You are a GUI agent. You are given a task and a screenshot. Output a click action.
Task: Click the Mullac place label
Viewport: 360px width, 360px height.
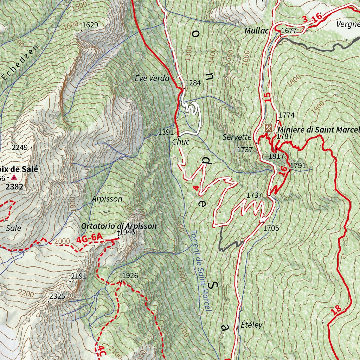tap(256, 31)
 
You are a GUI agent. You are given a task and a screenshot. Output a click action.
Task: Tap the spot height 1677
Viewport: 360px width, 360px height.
tap(289, 31)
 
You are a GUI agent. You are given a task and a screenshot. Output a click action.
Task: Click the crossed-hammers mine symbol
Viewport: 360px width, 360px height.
tap(269, 128)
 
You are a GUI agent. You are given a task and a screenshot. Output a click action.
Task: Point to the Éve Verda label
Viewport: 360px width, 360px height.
tap(152, 78)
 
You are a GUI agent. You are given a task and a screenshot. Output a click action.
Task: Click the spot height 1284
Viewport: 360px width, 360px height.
tap(193, 83)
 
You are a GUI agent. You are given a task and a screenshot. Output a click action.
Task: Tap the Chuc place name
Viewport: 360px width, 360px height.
tap(181, 142)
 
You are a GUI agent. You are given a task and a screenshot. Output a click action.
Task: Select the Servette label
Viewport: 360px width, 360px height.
tap(237, 137)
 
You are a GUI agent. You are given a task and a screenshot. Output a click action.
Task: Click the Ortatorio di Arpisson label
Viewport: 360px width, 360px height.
tap(118, 226)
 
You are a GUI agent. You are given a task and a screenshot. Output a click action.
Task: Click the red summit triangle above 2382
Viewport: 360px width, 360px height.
tap(14, 178)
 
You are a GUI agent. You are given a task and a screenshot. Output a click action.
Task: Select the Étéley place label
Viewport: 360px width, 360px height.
tap(252, 325)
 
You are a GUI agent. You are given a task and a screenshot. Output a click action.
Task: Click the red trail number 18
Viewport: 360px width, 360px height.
tap(336, 310)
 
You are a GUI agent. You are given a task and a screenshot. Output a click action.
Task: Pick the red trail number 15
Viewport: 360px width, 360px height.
tap(268, 97)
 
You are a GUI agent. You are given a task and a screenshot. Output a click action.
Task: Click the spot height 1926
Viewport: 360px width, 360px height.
tap(130, 275)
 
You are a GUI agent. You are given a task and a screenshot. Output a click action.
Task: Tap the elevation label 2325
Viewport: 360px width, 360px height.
tap(57, 296)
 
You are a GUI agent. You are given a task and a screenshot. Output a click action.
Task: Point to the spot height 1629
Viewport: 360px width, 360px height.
tap(90, 25)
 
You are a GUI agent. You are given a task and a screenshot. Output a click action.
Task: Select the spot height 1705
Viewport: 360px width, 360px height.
tap(271, 228)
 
